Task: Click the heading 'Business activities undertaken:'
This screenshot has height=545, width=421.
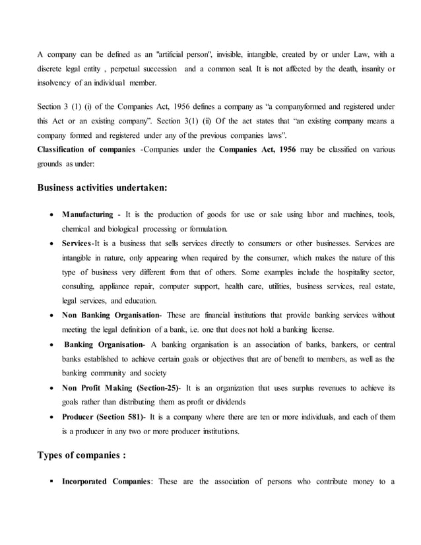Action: click(102, 187)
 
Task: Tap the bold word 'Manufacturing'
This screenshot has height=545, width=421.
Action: click(87, 215)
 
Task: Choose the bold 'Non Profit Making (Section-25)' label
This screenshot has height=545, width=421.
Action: click(121, 387)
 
